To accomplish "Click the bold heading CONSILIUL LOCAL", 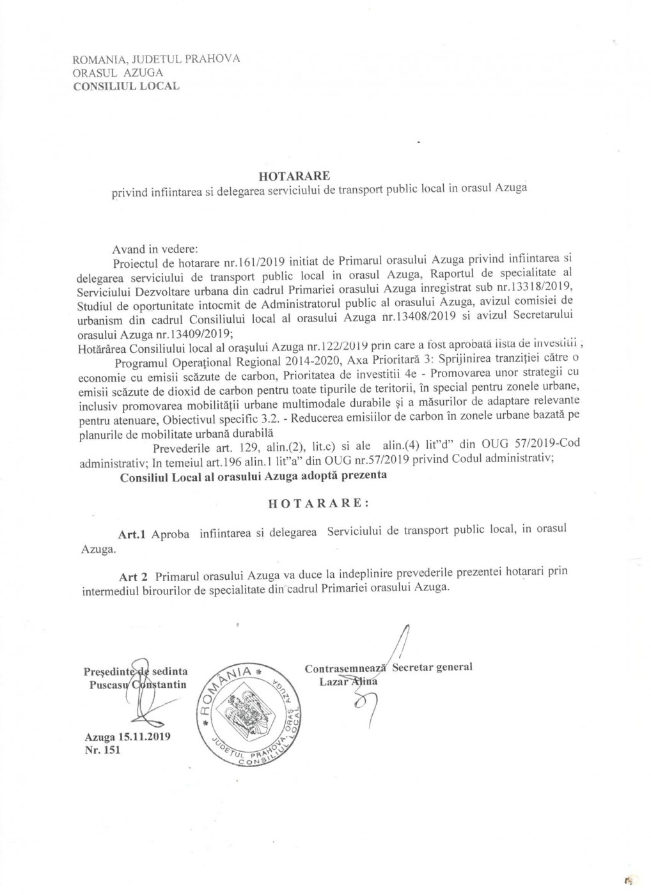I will [127, 86].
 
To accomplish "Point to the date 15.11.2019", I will [141, 736].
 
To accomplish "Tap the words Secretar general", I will [432, 667].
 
